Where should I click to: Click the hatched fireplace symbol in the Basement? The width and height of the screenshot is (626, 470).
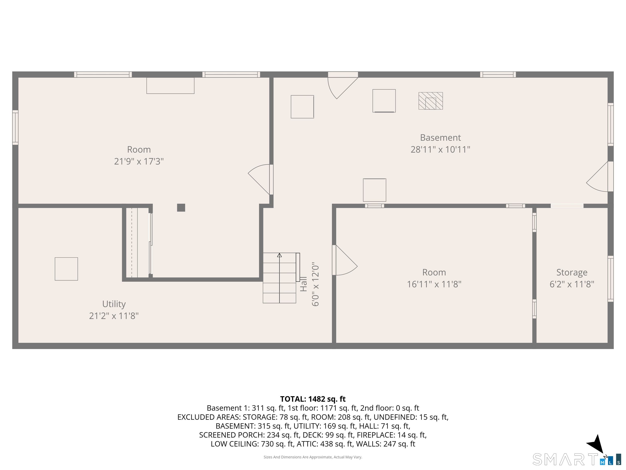coord(430,101)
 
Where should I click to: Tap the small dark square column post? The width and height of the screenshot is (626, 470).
coord(181,208)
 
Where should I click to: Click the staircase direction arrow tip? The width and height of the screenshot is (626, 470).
coord(279,255)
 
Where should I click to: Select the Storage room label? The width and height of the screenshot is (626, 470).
coord(572,272)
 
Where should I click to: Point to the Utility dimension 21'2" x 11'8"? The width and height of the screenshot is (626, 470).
coord(114,316)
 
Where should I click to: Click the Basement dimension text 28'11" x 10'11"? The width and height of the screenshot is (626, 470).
coord(440,149)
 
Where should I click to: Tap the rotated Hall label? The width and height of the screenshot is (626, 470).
coord(303,284)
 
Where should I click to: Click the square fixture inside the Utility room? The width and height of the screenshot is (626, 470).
coord(66,269)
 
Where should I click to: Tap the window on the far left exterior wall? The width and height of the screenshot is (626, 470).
coord(15,127)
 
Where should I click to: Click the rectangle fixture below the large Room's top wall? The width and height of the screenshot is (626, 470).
coord(170,85)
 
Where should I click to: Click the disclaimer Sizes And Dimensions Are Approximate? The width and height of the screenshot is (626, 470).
coord(313,457)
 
